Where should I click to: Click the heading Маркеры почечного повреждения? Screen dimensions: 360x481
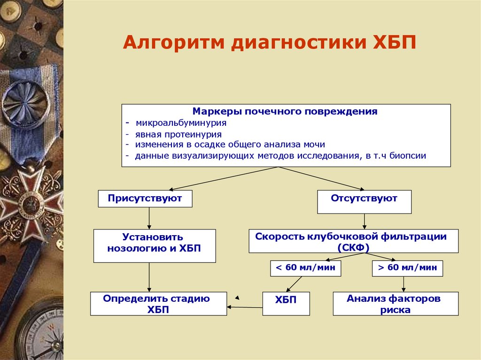tap(285, 112)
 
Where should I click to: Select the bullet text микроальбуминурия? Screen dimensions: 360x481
tap(181, 123)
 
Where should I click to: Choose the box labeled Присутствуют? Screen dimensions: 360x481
tap(145, 199)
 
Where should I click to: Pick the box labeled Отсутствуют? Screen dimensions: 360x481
tap(364, 199)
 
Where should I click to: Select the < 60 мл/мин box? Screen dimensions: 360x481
tap(305, 268)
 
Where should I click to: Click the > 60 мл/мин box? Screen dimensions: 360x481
tap(407, 268)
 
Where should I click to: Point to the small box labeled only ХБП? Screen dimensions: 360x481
tap(286, 303)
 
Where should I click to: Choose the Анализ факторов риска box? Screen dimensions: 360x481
tap(396, 304)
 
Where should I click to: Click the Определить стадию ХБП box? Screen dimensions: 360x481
tap(158, 304)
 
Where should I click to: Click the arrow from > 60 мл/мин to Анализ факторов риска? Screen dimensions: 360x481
tap(403, 284)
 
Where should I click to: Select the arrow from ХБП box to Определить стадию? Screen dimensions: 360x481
tap(244, 307)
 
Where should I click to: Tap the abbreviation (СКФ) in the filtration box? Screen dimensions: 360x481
tap(353, 247)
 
